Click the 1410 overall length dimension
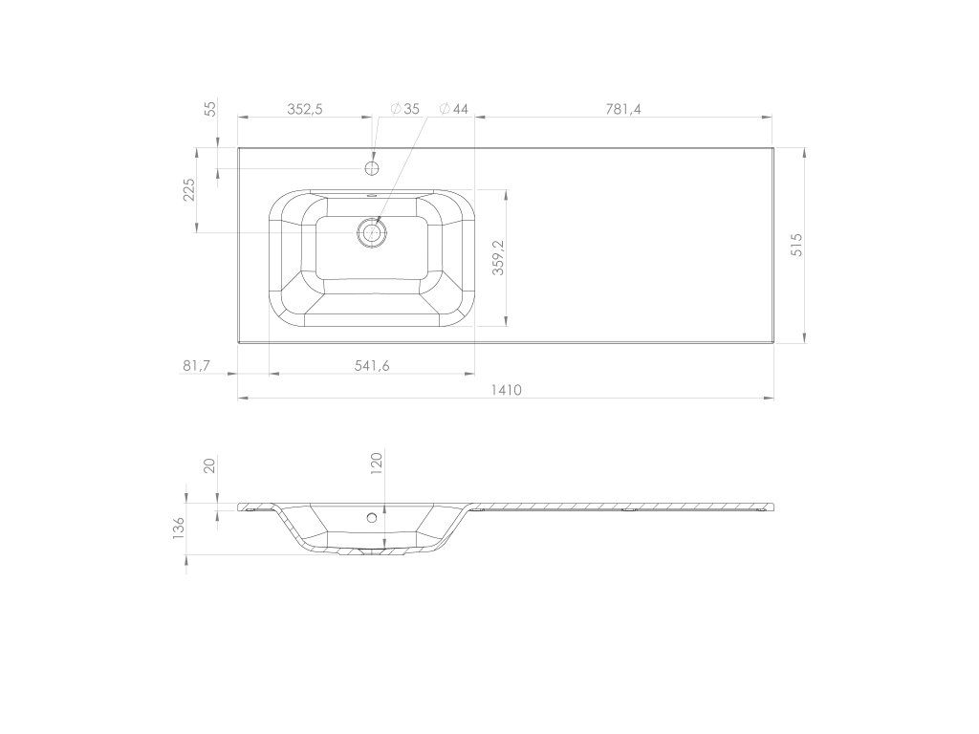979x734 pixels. (506, 390)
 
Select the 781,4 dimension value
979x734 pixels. (623, 109)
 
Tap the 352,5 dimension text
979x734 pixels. (305, 109)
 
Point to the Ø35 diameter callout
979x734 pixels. (405, 109)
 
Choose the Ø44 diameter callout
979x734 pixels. (454, 109)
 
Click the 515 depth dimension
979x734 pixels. (796, 245)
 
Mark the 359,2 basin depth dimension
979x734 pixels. (498, 257)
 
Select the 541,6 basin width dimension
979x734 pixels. (372, 366)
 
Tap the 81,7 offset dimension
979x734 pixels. (196, 366)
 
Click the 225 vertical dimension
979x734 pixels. (188, 190)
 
